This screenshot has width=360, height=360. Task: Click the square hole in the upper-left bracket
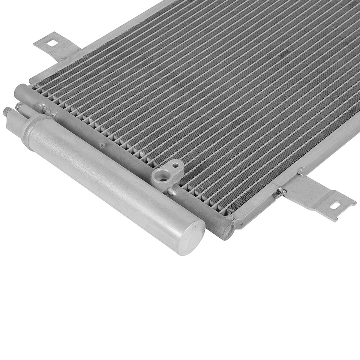pos(52,43)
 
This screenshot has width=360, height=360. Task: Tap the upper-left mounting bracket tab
pos(56,47)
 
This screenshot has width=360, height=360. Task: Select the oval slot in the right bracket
pos(335,205)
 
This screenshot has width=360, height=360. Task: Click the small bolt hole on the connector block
pos(175,165)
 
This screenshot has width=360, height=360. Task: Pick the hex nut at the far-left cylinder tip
pos(7,111)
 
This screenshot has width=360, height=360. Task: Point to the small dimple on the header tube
pos(102,145)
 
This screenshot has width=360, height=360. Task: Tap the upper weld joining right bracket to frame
pos(301,173)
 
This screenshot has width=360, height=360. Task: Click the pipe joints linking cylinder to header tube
pos(45,111)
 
